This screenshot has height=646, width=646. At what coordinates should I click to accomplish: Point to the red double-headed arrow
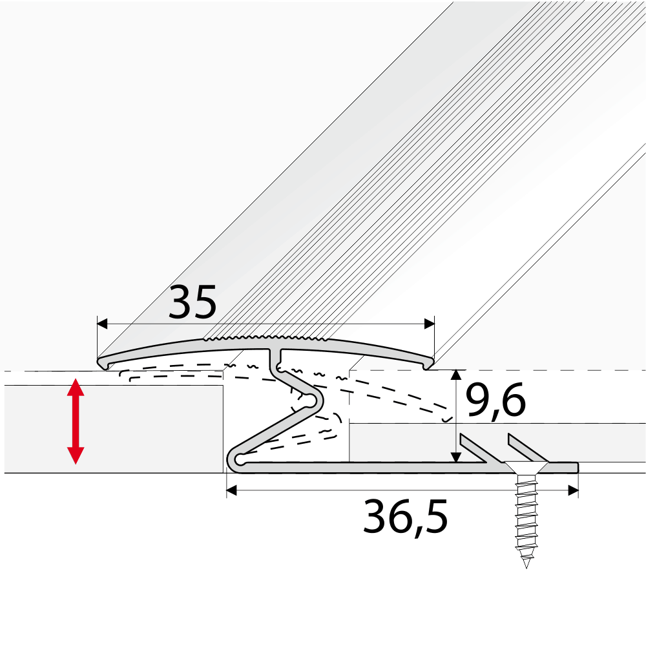coord(76,422)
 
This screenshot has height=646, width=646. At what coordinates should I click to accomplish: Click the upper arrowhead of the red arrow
coord(76,388)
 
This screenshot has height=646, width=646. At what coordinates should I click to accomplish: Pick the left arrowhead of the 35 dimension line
coord(101,323)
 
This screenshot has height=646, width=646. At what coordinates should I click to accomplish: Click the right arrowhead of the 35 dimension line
coord(429,323)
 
